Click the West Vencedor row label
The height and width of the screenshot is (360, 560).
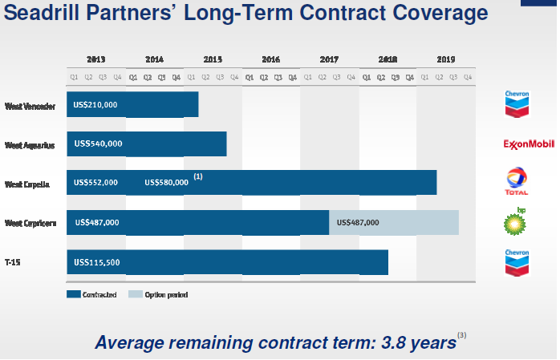pos(30,105)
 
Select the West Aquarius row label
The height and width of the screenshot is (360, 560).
pos(29,145)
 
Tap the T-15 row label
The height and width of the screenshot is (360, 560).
pos(13,261)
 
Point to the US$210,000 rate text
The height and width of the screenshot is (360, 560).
pos(95,104)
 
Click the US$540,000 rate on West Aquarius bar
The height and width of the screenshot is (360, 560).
pos(98,144)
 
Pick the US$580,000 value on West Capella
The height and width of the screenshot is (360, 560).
pos(166,182)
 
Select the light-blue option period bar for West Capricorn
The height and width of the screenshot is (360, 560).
pos(393,222)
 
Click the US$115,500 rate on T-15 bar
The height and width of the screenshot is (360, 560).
pos(97,261)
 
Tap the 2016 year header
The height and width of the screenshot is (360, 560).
pos(271,59)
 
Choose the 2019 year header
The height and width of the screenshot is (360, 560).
pos(446,59)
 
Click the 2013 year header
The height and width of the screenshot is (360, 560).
pos(96,59)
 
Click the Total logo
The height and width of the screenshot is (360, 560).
pos(516,181)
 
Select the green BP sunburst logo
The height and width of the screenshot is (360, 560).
pos(515,223)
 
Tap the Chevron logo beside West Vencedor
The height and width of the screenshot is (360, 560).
pos(516,104)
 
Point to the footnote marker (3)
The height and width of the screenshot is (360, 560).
pos(461,334)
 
